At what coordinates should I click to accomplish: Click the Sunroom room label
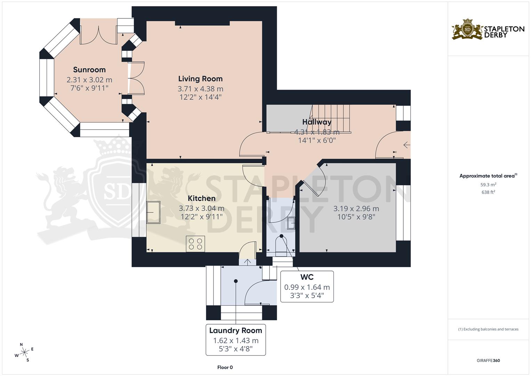coord(89,70)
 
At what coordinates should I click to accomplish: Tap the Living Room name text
coord(200,79)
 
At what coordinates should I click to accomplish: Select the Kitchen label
coord(202,198)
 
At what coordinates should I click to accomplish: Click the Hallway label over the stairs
coord(316,122)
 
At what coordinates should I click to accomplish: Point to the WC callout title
coord(307,277)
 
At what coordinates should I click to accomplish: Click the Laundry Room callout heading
coord(235,330)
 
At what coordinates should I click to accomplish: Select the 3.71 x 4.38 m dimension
coord(200,89)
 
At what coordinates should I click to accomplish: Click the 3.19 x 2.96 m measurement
coord(356,209)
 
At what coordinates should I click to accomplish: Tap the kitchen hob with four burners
coord(195,244)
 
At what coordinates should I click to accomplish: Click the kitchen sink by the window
coord(153,212)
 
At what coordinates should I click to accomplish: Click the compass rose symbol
coord(24,352)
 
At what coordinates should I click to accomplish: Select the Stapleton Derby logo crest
coord(467,29)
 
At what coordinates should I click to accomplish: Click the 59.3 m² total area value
coord(488,185)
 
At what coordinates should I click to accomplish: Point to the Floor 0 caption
coord(225,367)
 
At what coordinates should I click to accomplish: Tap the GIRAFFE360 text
coord(488,360)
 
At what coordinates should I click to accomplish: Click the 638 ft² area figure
coord(488,192)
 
